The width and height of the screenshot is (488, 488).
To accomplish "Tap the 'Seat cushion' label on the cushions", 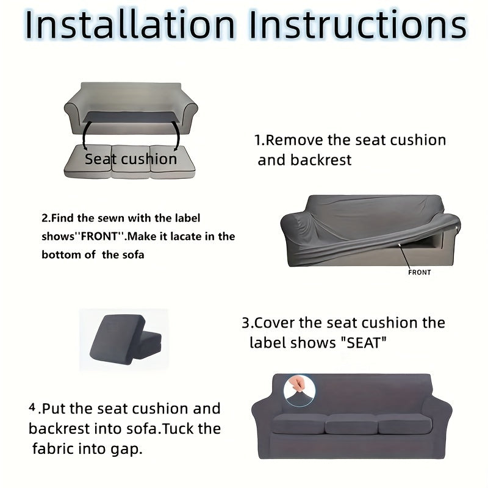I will coord(131,159).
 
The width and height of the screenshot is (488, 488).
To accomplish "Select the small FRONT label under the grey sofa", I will coord(419,272).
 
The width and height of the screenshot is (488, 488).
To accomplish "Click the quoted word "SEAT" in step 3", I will coord(363,342).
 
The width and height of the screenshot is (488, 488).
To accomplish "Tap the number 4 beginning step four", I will coord(32,407).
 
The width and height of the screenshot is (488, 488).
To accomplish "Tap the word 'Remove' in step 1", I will coord(295,140).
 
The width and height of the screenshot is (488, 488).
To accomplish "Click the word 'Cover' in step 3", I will coord(274,323).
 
